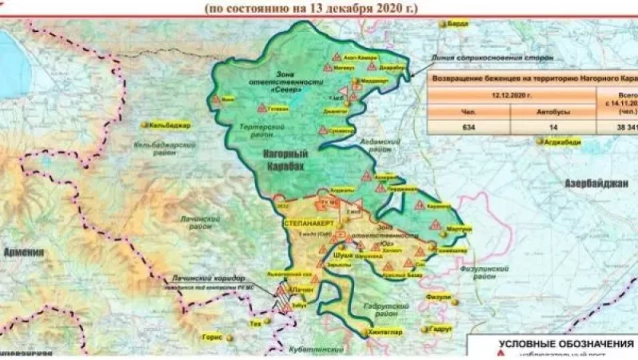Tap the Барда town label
459,24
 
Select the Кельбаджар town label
170,125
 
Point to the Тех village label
256,324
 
